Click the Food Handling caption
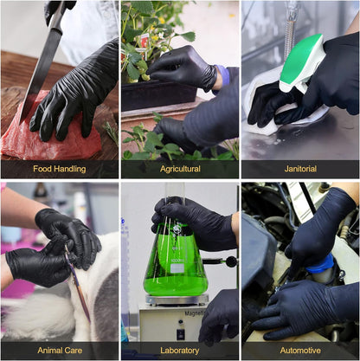pyautogui.click(x=59, y=169)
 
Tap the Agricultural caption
pyautogui.click(x=179, y=169)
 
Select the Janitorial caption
pyautogui.click(x=300, y=169)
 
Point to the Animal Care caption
pyautogui.click(x=59, y=350)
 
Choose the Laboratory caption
pyautogui.click(x=179, y=350)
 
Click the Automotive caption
pyautogui.click(x=300, y=350)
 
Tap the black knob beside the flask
pyautogui.click(x=231, y=261)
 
